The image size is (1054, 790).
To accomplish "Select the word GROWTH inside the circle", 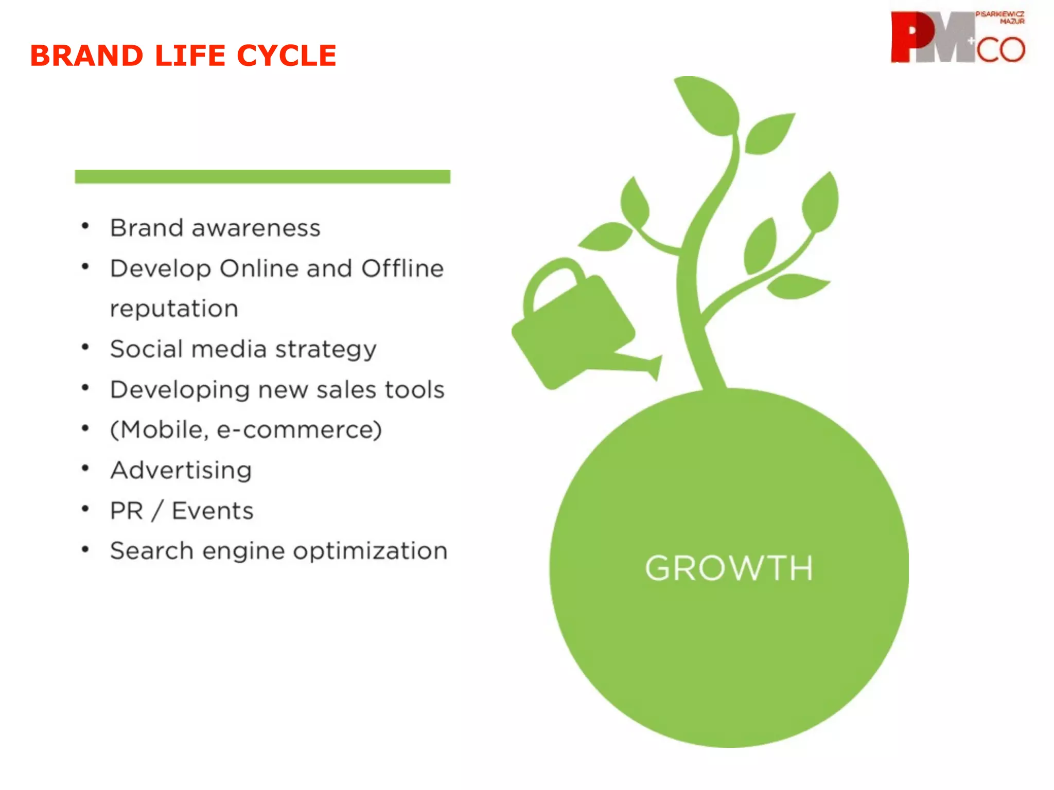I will tap(729, 568).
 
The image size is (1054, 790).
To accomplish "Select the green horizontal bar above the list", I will tap(262, 176).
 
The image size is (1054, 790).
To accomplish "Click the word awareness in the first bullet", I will tap(256, 228).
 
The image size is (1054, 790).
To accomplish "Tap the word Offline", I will tap(402, 268).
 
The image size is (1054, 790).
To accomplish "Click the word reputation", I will tap(174, 309).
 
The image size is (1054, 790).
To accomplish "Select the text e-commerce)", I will tap(299, 430).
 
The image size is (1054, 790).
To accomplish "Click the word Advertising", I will tap(181, 470).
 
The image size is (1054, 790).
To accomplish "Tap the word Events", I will tap(213, 511).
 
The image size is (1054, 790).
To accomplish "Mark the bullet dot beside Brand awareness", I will tap(85, 226).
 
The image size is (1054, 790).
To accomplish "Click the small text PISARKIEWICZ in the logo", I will tap(999, 14).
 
